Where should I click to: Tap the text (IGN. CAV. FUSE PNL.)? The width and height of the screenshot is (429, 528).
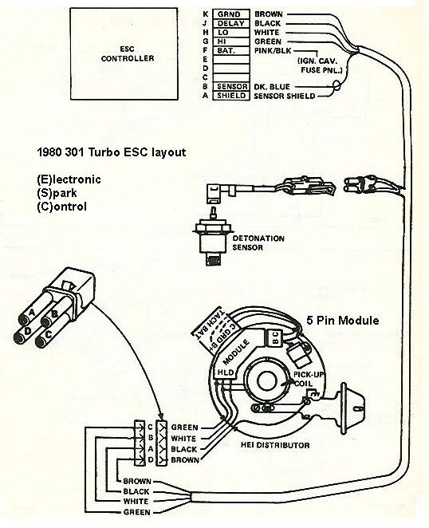(319, 65)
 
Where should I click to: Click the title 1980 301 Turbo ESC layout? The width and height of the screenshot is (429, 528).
(112, 152)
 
